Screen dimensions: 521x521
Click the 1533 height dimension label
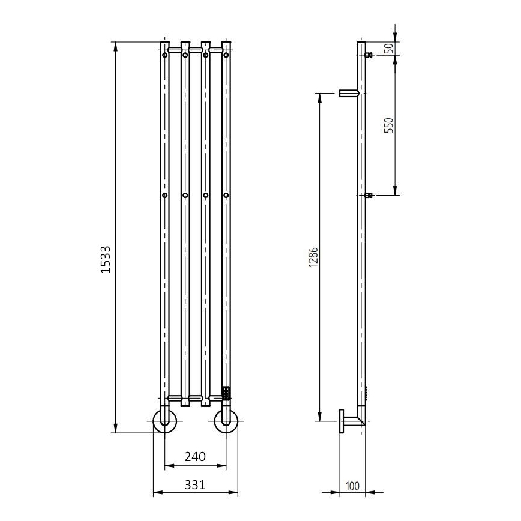click(106, 259)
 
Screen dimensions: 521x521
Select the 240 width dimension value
click(195, 456)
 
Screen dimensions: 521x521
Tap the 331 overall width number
click(195, 484)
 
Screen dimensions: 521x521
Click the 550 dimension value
click(388, 125)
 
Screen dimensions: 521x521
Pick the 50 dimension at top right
click(388, 49)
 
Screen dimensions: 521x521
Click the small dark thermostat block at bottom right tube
click(226, 393)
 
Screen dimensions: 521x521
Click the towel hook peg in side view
click(349, 93)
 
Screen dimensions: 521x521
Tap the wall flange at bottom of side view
click(342, 421)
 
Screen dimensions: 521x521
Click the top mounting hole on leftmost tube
click(164, 55)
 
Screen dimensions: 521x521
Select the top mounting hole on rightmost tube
click(226, 55)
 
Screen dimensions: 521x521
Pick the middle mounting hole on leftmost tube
click(164, 195)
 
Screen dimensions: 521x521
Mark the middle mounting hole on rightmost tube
click(226, 195)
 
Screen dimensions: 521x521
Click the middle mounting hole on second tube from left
click(185, 195)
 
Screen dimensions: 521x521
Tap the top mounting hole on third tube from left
click(206, 55)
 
